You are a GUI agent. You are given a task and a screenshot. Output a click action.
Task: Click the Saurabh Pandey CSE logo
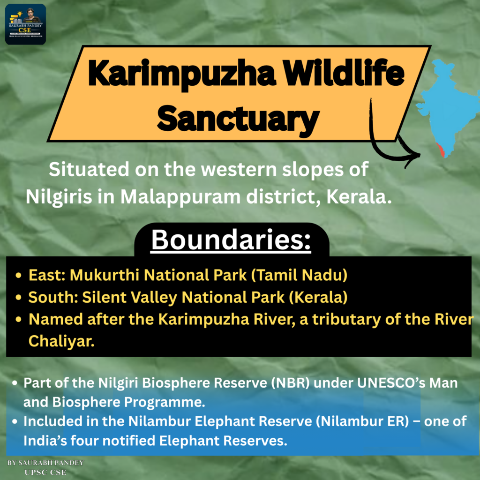25,24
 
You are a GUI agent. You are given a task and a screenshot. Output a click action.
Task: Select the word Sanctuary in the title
238,118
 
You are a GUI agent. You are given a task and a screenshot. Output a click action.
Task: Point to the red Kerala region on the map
441,150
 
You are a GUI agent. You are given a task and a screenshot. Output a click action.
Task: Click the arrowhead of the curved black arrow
412,157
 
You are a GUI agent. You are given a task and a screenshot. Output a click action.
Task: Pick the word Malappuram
180,197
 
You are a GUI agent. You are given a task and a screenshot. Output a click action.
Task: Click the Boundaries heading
231,240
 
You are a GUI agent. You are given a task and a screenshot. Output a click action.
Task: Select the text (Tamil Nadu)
299,275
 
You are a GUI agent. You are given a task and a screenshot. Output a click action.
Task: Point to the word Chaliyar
61,341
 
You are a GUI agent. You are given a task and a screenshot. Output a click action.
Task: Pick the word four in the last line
85,441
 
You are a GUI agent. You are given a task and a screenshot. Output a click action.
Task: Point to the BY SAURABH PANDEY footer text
45,463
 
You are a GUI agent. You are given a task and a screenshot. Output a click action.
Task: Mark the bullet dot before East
18,275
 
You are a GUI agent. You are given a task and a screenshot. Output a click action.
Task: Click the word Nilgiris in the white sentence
59,197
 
